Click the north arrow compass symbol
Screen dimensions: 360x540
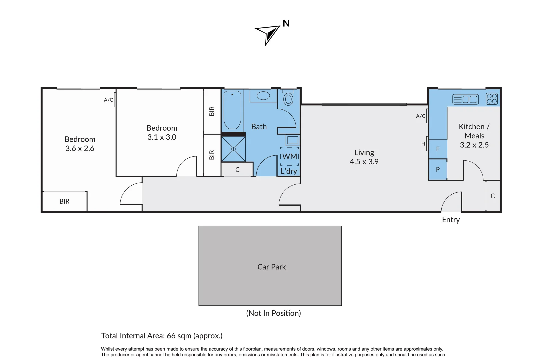(x=268, y=33)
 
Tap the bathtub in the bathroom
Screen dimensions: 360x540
(x=232, y=110)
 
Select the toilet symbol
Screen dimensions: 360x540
(x=288, y=99)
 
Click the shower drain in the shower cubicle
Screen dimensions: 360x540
(x=233, y=149)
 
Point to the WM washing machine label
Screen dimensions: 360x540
(x=289, y=156)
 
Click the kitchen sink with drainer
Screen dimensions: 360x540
(x=465, y=99)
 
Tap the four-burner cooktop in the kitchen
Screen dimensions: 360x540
(x=492, y=99)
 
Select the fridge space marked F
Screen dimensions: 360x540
(x=438, y=149)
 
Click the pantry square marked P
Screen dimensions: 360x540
(x=438, y=169)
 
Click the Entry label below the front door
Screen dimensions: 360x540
(x=451, y=220)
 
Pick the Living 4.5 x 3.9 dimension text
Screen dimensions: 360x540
(x=364, y=162)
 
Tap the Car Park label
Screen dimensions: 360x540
(x=271, y=267)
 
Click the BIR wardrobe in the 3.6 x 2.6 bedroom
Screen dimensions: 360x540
(x=64, y=201)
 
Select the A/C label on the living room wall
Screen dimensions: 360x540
(x=420, y=116)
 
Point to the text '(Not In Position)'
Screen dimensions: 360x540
(x=273, y=313)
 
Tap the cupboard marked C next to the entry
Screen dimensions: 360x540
(x=493, y=196)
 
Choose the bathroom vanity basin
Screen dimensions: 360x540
(x=263, y=96)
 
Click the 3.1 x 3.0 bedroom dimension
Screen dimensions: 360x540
(x=162, y=137)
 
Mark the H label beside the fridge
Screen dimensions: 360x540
(x=423, y=144)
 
